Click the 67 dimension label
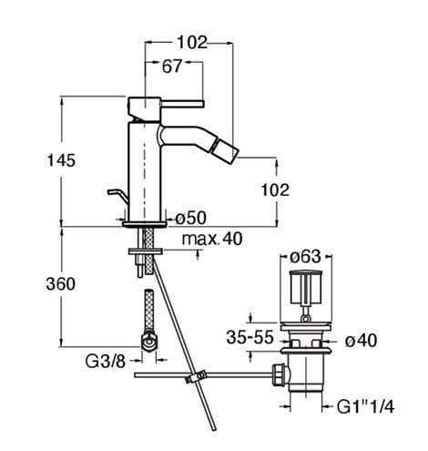click(x=172, y=67)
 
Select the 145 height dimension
click(x=61, y=160)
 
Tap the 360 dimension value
click(x=61, y=284)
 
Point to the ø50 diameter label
click(x=191, y=218)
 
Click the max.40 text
click(x=212, y=239)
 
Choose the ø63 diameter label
click(x=305, y=257)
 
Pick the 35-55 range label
click(x=250, y=337)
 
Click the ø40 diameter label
click(x=362, y=340)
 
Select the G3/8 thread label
click(x=106, y=362)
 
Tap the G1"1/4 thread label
click(x=365, y=406)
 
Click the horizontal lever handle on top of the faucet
click(x=182, y=104)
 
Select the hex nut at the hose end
click(x=149, y=342)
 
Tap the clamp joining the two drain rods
click(x=196, y=376)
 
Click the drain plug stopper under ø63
click(x=305, y=287)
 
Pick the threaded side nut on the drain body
click(x=279, y=374)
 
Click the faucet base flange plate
click(x=145, y=224)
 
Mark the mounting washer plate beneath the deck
click(x=146, y=251)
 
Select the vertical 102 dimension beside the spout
click(x=275, y=190)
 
